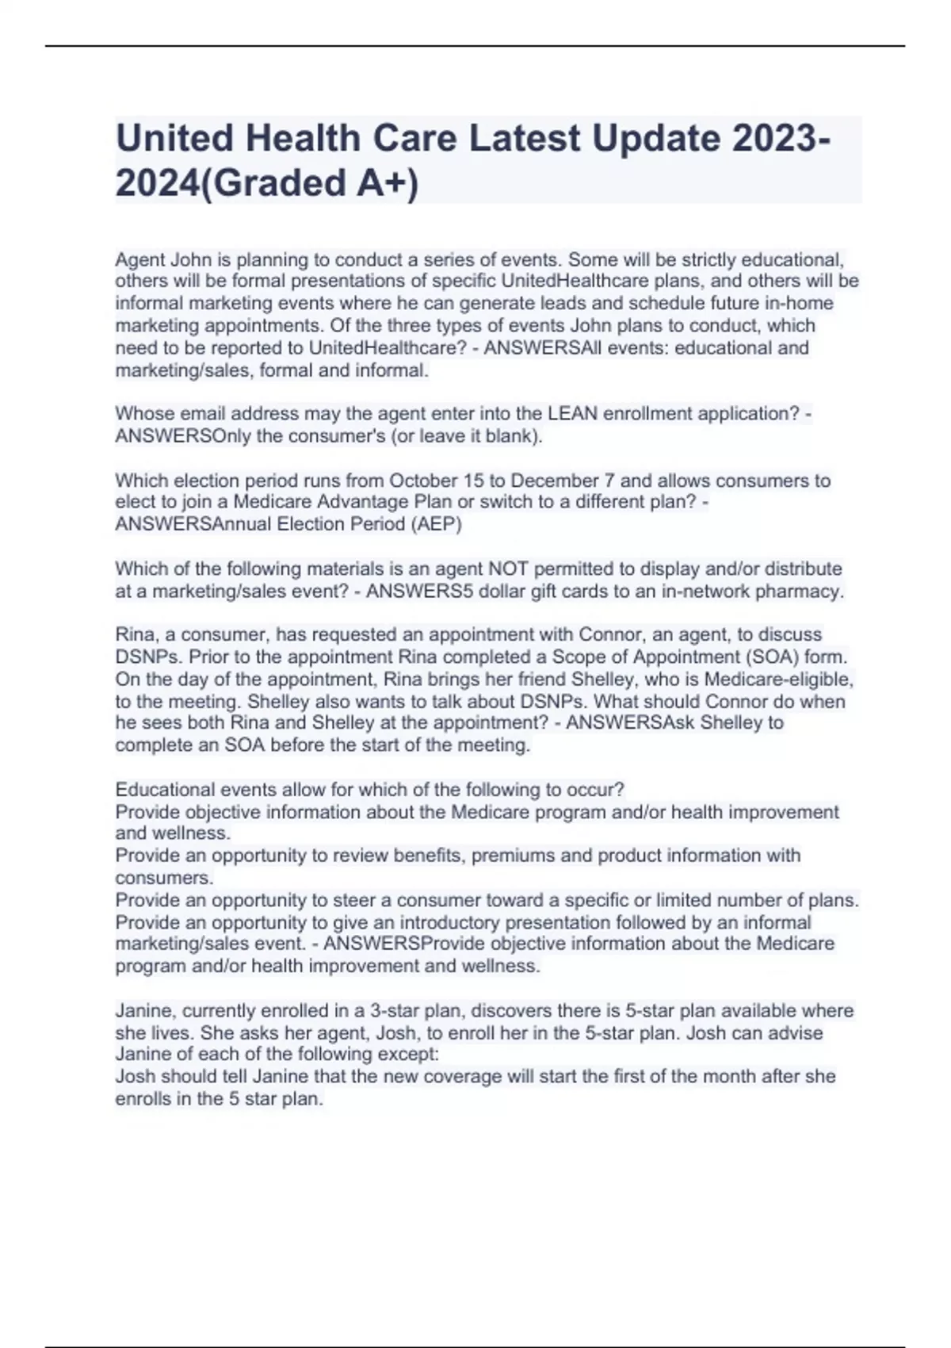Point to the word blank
pyautogui.click(x=516, y=436)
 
